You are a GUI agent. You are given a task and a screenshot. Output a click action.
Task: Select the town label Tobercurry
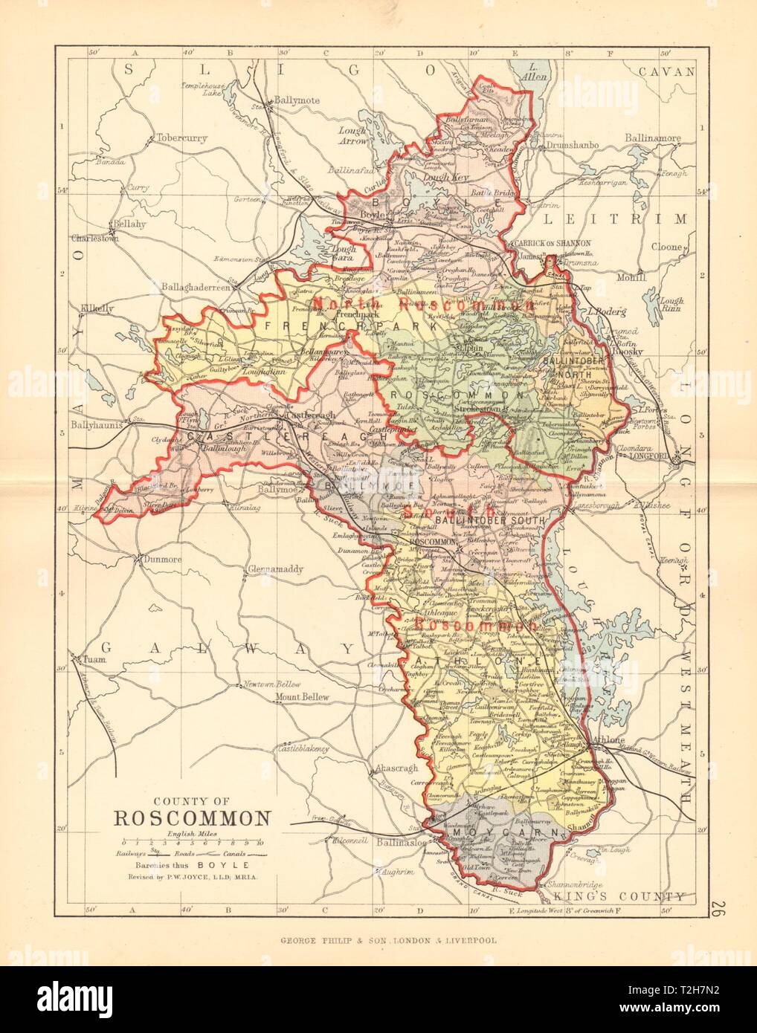tap(181, 138)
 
